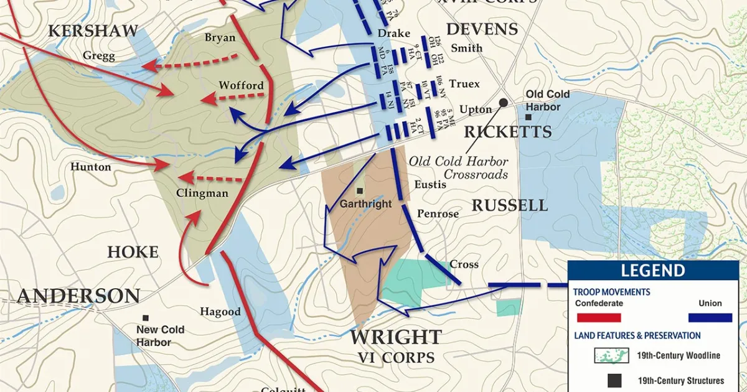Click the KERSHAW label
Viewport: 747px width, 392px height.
coord(93,31)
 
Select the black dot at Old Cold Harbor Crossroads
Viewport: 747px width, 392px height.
coord(503,102)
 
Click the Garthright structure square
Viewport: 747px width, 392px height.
coord(360,190)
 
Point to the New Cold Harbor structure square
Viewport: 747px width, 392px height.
coord(145,317)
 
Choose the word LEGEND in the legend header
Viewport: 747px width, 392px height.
coord(653,271)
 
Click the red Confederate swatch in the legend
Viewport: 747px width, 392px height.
coord(598,317)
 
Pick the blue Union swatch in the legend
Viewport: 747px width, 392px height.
coord(710,317)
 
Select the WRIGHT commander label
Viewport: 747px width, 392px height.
coord(396,338)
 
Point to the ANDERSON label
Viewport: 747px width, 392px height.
coord(78,296)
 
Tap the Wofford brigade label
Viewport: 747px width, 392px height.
coord(241,85)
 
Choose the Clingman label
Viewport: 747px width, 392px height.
coord(202,193)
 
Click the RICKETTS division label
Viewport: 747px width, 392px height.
coord(507,132)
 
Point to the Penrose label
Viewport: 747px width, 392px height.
coord(438,214)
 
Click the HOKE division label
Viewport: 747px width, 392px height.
coord(133,252)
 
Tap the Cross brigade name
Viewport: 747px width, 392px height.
coord(464,264)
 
